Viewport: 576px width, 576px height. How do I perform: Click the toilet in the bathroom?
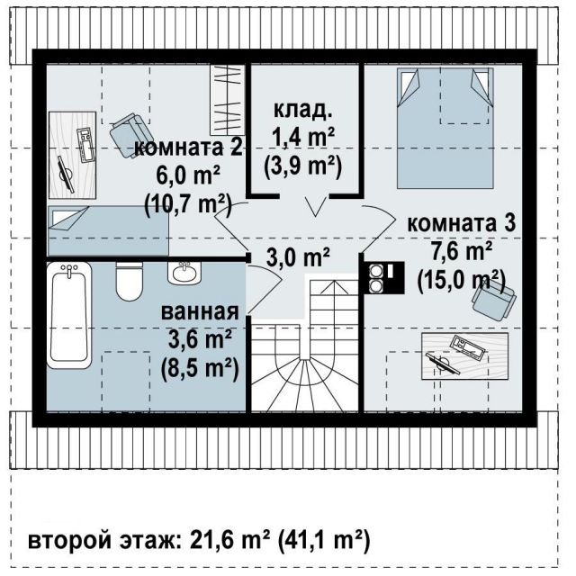click(129, 282)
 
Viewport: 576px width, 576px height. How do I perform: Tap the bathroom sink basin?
click(184, 273)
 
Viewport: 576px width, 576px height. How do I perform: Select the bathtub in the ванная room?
click(69, 315)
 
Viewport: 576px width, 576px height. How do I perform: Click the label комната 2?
click(188, 148)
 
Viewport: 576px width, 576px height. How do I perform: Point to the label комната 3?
click(462, 223)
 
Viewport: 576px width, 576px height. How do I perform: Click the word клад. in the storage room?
click(303, 110)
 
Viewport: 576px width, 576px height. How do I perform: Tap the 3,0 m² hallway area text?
click(298, 257)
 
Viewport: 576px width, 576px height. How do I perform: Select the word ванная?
click(200, 311)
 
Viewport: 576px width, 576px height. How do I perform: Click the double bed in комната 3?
click(445, 128)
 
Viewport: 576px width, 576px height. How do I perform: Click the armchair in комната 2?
click(128, 135)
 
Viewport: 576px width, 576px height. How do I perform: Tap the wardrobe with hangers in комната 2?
click(228, 100)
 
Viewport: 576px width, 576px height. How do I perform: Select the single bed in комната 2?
click(108, 230)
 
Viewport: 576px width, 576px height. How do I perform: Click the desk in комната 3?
click(465, 355)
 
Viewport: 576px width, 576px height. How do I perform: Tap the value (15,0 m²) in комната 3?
click(462, 281)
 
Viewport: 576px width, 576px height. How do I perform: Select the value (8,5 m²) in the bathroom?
click(200, 368)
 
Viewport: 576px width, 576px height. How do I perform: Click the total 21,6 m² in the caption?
click(230, 540)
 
